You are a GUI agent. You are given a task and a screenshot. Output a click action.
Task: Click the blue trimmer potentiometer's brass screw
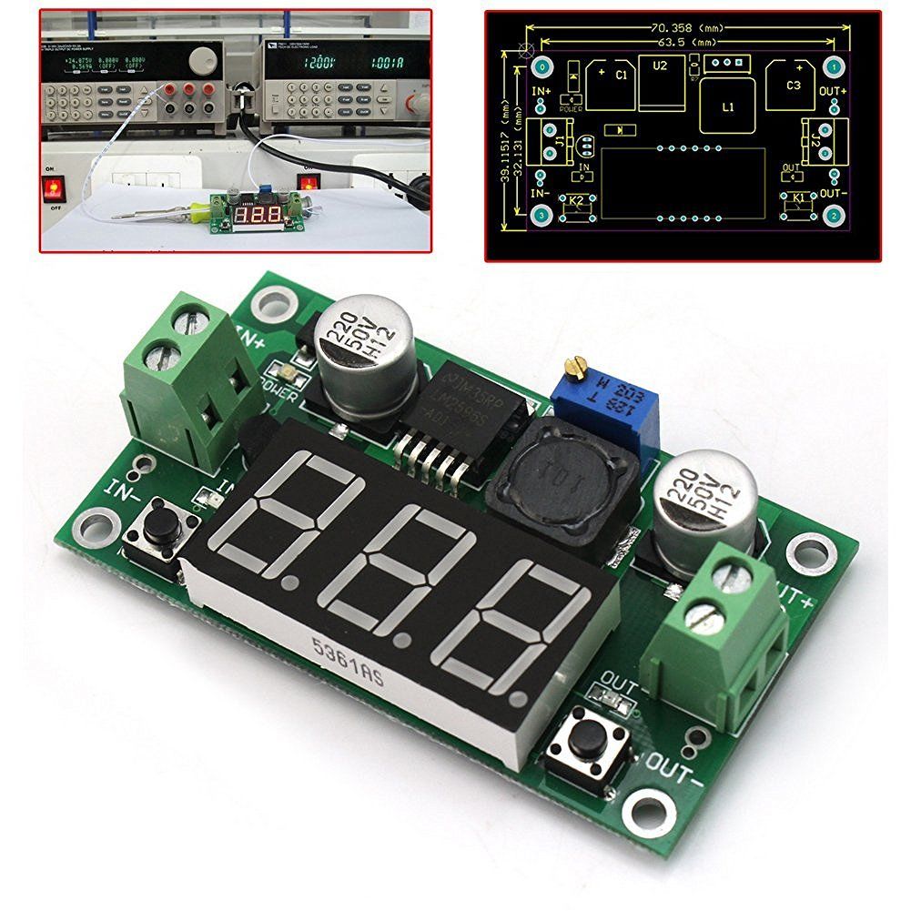point(572,367)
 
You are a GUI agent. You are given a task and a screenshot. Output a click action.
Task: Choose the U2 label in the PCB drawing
point(660,66)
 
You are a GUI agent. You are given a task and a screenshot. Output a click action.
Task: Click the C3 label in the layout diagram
point(793,85)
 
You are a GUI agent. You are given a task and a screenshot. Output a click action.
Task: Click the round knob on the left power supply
point(198,62)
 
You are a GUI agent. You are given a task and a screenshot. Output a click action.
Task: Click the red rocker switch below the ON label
point(55,189)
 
